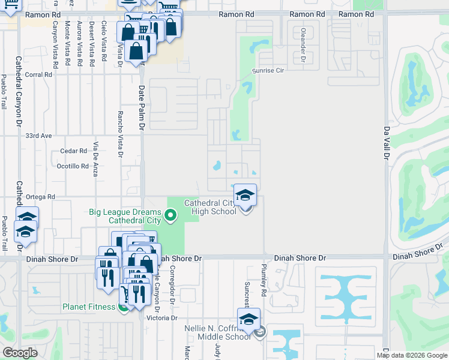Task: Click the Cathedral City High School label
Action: coord(210,207)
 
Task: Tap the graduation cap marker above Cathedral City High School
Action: coord(245,196)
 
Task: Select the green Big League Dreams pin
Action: coord(170,214)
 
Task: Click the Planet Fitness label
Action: coord(89,307)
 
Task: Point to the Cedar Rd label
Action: coord(70,151)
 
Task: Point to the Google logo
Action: coord(20,353)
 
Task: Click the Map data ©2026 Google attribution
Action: coord(412,355)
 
